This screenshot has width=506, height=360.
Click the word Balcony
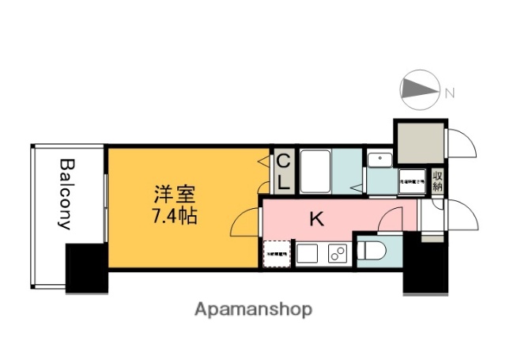tap(66, 194)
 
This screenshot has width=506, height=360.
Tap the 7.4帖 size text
tap(174, 214)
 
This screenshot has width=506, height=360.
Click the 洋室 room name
tap(174, 193)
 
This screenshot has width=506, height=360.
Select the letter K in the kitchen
tap(316, 219)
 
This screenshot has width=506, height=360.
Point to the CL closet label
tap(282, 171)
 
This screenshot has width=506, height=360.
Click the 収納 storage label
tap(437, 180)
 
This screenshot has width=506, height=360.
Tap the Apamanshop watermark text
tap(253, 309)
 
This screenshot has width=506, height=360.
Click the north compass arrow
tap(421, 92)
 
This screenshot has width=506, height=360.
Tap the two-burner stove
tap(336, 254)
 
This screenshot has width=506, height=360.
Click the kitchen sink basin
tap(307, 254)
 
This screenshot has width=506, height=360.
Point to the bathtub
tap(314, 170)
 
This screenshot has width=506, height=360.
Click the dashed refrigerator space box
tap(276, 254)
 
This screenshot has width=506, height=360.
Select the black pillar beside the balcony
tap(85, 268)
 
